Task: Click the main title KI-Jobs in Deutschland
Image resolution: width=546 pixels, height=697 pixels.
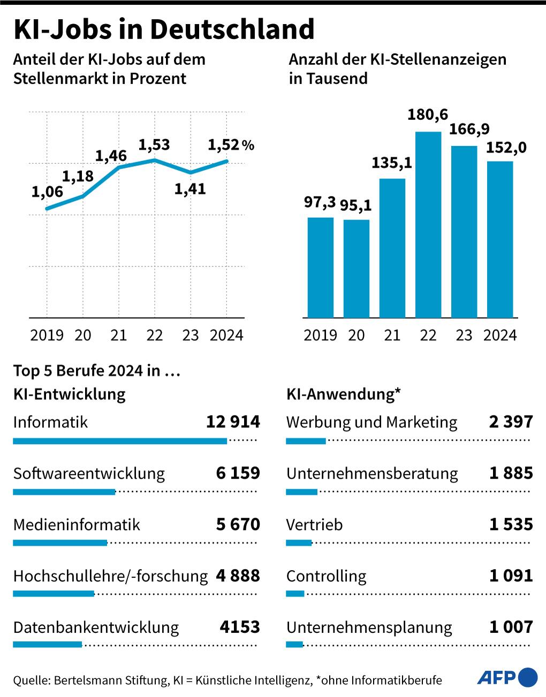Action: (163, 29)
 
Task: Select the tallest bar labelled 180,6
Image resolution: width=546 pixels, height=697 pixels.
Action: (428, 225)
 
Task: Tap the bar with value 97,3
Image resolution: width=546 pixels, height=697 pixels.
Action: (320, 267)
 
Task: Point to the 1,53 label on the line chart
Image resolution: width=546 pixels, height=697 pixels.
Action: (154, 145)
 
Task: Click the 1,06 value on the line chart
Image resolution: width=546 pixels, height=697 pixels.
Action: (47, 192)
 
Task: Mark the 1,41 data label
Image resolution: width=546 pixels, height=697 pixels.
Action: (190, 189)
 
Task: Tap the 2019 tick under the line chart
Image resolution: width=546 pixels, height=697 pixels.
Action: (47, 335)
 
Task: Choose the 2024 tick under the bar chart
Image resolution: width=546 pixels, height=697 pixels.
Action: (500, 335)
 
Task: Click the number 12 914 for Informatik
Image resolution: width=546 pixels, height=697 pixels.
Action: (233, 422)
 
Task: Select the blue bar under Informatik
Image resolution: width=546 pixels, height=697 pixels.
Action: (119, 441)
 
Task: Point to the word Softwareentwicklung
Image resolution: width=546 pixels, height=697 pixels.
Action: (89, 473)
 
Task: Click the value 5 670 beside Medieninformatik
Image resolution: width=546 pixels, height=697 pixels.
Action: (238, 525)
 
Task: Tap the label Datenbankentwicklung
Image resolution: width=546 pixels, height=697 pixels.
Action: (96, 627)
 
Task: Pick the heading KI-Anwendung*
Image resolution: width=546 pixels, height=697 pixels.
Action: (344, 394)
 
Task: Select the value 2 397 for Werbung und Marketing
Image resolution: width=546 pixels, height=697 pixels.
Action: (511, 422)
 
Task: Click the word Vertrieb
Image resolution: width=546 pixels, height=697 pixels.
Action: (314, 525)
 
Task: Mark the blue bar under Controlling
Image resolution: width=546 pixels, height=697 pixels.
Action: (295, 594)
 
